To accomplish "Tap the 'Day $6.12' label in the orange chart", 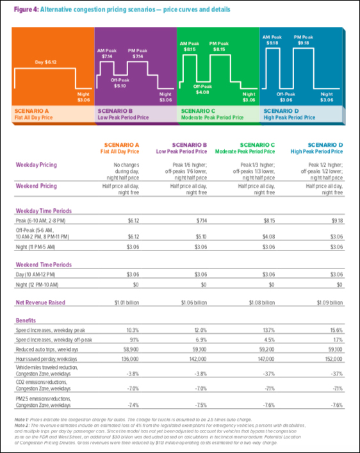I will click(45, 63).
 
